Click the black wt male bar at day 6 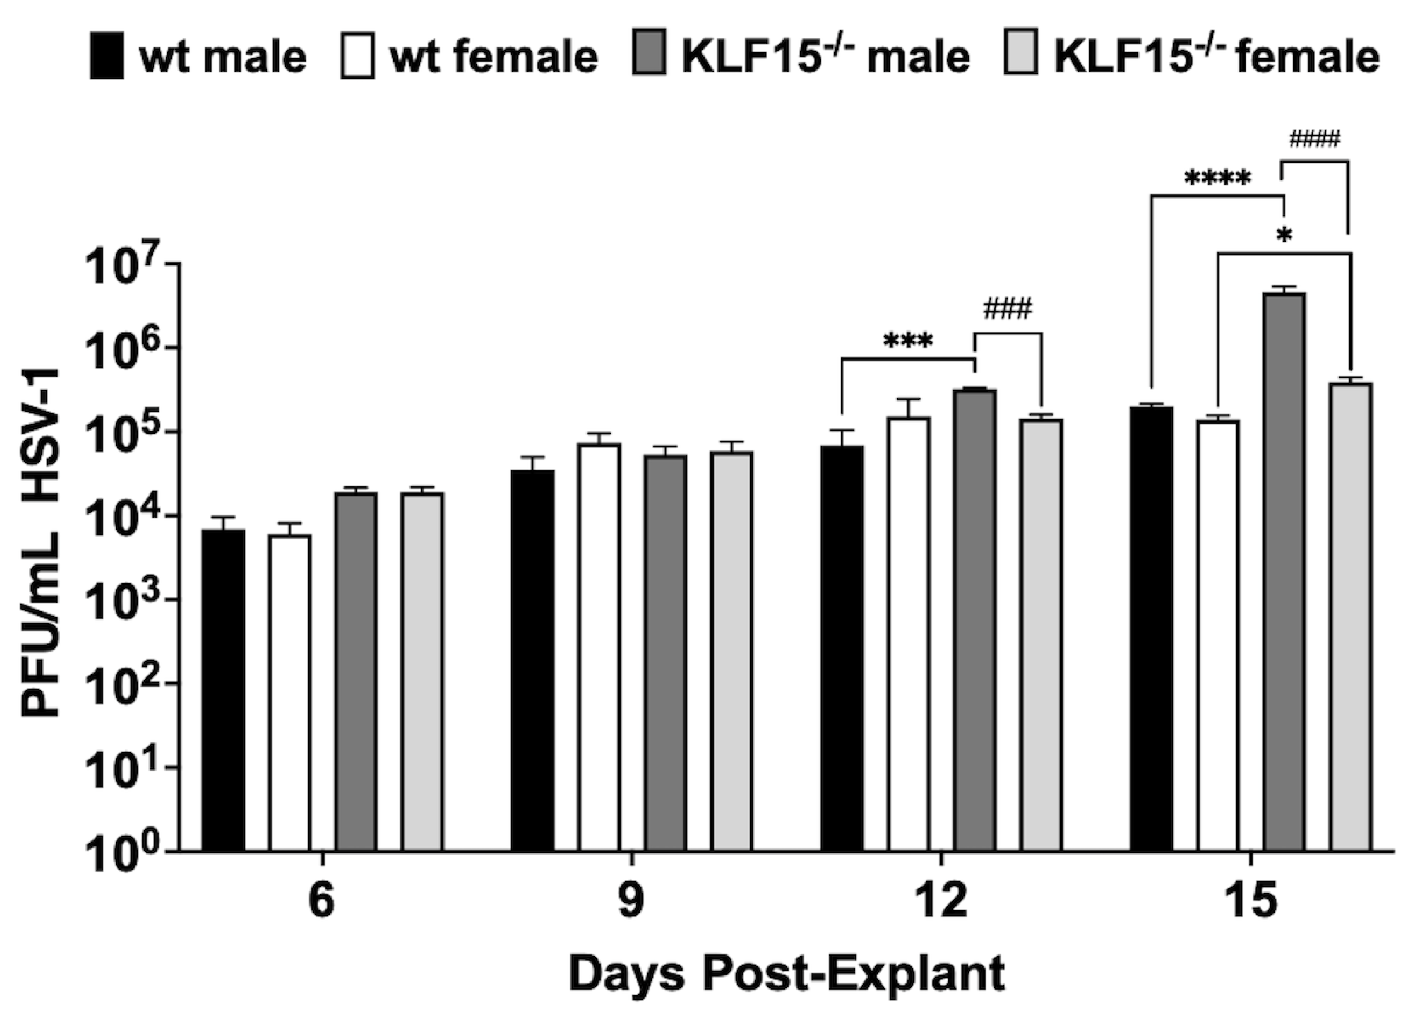click(223, 690)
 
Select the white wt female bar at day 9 click(599, 647)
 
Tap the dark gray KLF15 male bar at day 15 click(1285, 572)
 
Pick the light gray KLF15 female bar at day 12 click(1042, 635)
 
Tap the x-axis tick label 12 click(940, 901)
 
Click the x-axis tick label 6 click(321, 901)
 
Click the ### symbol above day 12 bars click(1008, 309)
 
